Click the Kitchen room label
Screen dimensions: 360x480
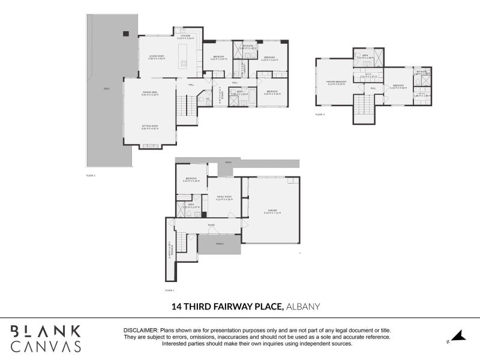coord(187,37)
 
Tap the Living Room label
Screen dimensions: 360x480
coord(157,56)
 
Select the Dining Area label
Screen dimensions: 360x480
coord(149,92)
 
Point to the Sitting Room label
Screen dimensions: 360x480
coord(149,127)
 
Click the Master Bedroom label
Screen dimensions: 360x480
coord(337,82)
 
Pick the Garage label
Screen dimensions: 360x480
coord(272,211)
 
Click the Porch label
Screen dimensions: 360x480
coord(220,244)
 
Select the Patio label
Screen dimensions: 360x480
coord(228,162)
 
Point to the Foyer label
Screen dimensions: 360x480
coord(211,226)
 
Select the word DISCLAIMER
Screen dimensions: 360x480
coord(140,331)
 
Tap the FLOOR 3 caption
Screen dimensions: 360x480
coord(320,114)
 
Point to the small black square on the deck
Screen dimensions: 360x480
coord(127,34)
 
